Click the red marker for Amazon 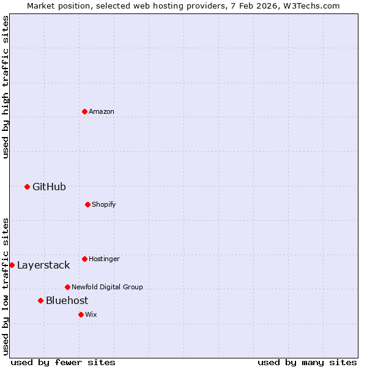(x=84, y=111)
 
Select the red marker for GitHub (x=27, y=187)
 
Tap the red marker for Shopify (x=87, y=204)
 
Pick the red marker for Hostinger (x=84, y=259)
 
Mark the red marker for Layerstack (x=12, y=265)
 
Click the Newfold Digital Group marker (x=67, y=287)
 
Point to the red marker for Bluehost (x=40, y=300)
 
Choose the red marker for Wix (x=81, y=314)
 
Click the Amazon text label (x=102, y=111)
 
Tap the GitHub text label (x=49, y=187)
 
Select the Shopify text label (x=104, y=204)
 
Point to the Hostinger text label (x=104, y=259)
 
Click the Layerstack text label (x=43, y=265)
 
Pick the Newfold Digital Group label (x=107, y=287)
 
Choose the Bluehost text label (x=67, y=300)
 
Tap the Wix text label (x=91, y=314)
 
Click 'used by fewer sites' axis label (x=63, y=362)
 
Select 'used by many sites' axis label (x=307, y=362)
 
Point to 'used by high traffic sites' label (x=6, y=87)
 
